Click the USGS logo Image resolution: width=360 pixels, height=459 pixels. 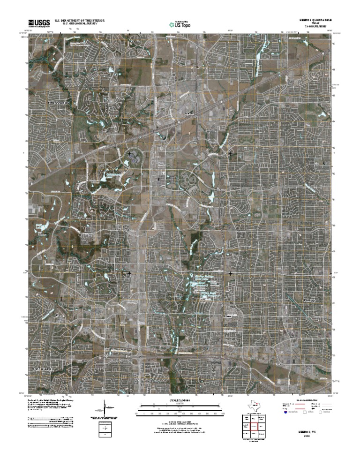click(x=39, y=23)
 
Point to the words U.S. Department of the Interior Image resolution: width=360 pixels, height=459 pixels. click(x=80, y=21)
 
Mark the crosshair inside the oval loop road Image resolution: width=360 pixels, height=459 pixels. click(x=129, y=154)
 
